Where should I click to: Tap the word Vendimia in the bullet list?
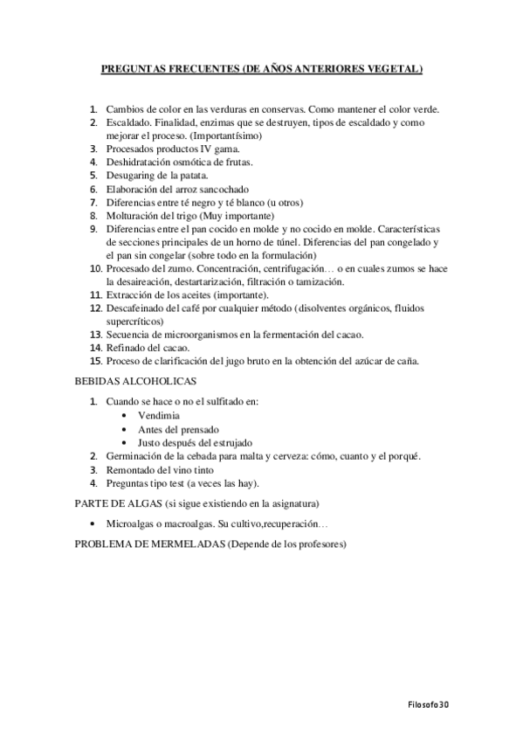tap(158, 415)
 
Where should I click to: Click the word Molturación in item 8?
tap(134, 215)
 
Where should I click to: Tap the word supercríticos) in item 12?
tap(137, 321)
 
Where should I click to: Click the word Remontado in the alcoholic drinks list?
tap(132, 470)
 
